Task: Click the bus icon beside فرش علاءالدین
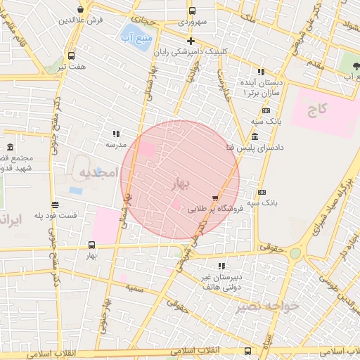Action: [82, 10]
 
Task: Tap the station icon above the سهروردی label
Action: [192, 11]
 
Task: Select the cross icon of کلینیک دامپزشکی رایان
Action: [190, 40]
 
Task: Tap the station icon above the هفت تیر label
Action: [71, 56]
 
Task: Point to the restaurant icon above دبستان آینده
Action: [261, 72]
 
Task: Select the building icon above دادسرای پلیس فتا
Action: [254, 136]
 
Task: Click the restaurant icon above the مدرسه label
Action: [116, 133]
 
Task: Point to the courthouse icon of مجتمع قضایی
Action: [10, 148]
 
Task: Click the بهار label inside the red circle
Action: [180, 184]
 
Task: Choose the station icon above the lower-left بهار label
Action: [91, 245]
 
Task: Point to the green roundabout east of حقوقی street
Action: [295, 252]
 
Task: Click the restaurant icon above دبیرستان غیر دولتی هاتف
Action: [222, 266]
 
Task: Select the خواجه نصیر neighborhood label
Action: [267, 306]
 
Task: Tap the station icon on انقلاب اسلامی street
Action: [247, 350]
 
